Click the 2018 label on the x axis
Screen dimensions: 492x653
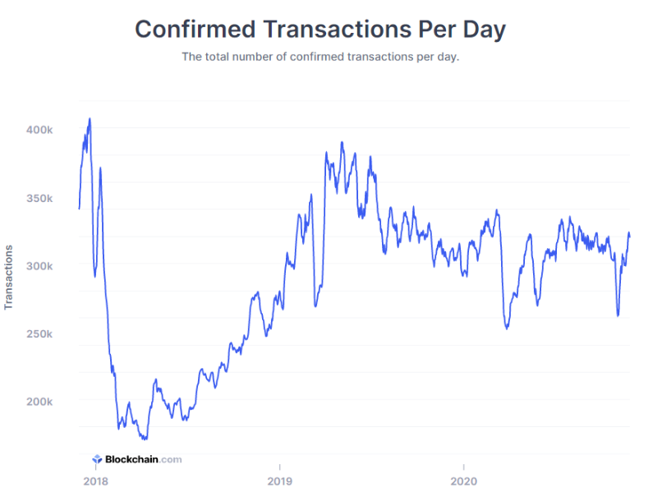pyautogui.click(x=95, y=481)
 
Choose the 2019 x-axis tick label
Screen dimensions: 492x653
pyautogui.click(x=279, y=481)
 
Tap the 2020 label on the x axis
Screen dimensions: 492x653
pyautogui.click(x=463, y=481)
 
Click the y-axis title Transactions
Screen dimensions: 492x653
pyautogui.click(x=9, y=277)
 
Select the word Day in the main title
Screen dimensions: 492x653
pyautogui.click(x=483, y=29)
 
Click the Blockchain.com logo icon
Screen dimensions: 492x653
pyautogui.click(x=96, y=460)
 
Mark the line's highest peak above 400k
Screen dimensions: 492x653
pyautogui.click(x=90, y=118)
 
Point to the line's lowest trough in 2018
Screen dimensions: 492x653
pyautogui.click(x=145, y=439)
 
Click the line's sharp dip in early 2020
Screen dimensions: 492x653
pyautogui.click(x=507, y=329)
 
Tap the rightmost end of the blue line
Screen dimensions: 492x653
pyautogui.click(x=630, y=235)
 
